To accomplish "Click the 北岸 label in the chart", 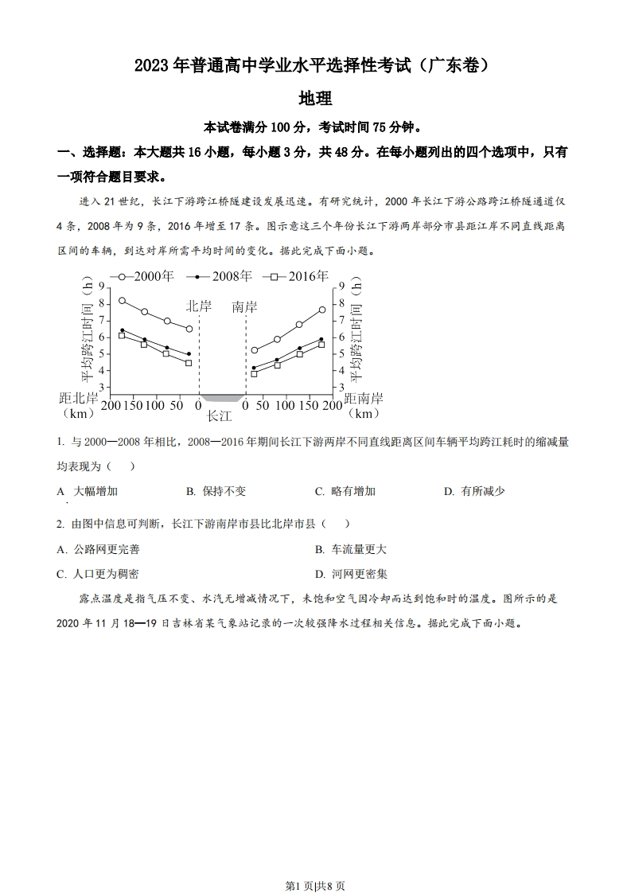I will [x=200, y=306].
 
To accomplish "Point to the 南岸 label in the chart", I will [x=244, y=306].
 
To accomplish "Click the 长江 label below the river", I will [x=219, y=415].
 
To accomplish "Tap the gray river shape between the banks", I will [x=222, y=397].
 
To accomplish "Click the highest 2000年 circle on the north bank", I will [x=122, y=301].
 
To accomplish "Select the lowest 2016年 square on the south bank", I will [x=254, y=373].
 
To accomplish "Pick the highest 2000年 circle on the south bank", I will [x=322, y=310].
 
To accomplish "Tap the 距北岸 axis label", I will [x=79, y=398].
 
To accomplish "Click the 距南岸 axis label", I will [x=364, y=398].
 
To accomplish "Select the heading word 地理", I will [x=314, y=99].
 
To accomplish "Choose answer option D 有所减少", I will [x=474, y=491].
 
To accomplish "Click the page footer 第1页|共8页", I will [x=315, y=864].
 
